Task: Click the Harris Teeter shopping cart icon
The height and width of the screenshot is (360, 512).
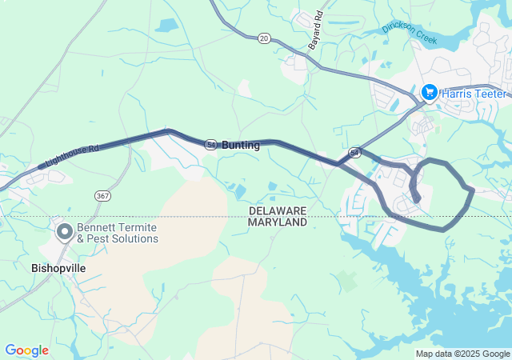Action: coord(430,93)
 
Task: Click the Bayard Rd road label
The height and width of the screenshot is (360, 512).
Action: coord(318,26)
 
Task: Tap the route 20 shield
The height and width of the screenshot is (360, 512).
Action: coord(264,38)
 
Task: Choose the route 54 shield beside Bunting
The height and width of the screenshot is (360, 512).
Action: coord(210,145)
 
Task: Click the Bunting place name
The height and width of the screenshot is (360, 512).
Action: coord(241,146)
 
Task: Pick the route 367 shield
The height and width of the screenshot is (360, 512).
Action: coord(102,195)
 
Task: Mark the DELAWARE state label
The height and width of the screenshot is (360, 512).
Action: coord(278,210)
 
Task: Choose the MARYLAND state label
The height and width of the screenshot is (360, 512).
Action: coord(278,222)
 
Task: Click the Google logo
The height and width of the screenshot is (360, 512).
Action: coord(26,350)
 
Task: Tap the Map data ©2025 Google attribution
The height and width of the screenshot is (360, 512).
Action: coord(462,354)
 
